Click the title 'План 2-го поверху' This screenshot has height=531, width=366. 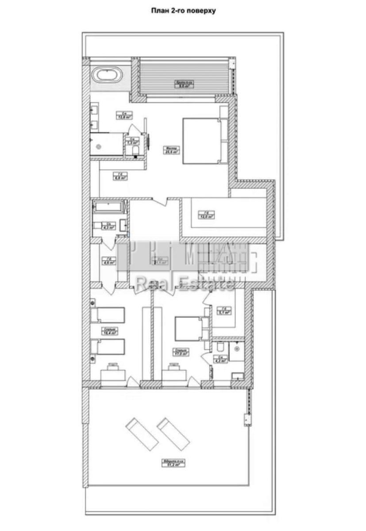(x=184, y=11)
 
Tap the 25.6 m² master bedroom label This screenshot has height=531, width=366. (x=171, y=150)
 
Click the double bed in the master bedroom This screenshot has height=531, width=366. (x=201, y=141)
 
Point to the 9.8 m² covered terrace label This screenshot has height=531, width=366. (x=182, y=85)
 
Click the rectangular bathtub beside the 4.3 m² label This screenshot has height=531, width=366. (x=109, y=207)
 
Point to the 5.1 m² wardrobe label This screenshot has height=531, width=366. (x=225, y=311)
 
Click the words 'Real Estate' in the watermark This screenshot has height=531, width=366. (x=185, y=284)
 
